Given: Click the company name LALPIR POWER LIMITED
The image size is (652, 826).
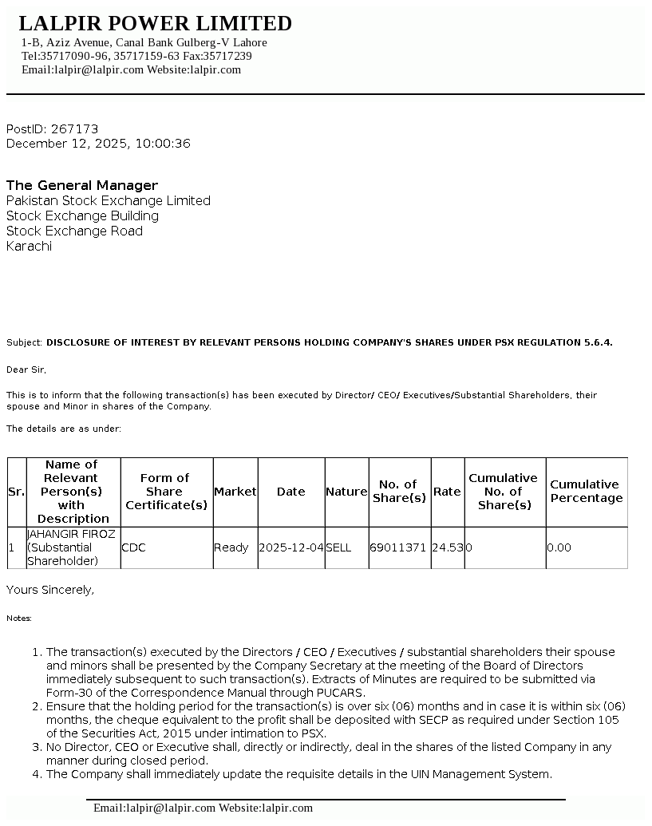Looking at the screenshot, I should click(155, 23).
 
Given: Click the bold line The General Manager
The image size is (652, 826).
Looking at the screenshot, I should click(82, 185).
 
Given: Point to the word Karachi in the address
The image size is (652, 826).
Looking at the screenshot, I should click(29, 246).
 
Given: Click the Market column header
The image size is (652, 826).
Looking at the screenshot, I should click(235, 492).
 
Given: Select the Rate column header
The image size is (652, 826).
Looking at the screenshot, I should click(447, 492).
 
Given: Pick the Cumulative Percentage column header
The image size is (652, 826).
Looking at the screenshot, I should click(586, 492).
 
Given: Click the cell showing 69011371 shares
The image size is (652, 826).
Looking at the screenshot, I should click(398, 547).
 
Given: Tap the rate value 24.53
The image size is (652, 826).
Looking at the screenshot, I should click(447, 547).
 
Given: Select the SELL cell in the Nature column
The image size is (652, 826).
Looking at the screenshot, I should click(338, 547).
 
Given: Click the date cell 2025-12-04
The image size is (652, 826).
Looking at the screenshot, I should click(291, 547).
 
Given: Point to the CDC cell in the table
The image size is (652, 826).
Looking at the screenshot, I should click(133, 547).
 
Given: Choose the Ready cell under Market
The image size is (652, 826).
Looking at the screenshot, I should click(231, 547).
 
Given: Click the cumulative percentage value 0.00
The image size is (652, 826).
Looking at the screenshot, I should click(559, 547).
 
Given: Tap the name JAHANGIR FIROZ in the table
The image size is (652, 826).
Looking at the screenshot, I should click(71, 533).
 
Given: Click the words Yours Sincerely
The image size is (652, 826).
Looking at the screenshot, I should click(49, 590).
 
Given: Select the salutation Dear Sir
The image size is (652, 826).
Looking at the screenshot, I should click(26, 370).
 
